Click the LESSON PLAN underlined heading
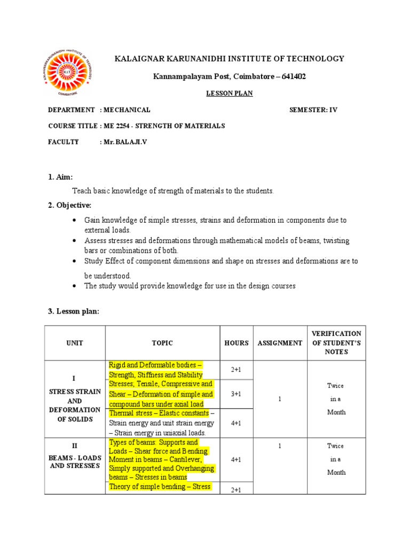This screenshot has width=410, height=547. [x=230, y=93]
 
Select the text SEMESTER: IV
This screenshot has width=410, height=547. [x=313, y=110]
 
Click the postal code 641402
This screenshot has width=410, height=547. [x=292, y=77]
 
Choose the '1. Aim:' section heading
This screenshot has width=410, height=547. [x=60, y=177]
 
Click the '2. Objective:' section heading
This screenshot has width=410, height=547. [x=69, y=205]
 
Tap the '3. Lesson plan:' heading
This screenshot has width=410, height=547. [x=74, y=311]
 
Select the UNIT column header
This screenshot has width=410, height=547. [x=75, y=343]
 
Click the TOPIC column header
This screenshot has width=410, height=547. [x=162, y=343]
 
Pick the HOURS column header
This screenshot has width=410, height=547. [x=236, y=343]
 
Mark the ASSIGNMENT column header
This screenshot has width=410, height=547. [x=280, y=343]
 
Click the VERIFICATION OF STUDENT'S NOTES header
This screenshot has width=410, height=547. [x=336, y=343]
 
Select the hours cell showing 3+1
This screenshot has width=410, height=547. [x=236, y=394]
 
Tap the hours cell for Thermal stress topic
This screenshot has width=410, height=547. [x=236, y=423]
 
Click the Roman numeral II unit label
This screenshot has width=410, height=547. [x=75, y=445]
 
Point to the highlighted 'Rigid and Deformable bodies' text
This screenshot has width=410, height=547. [x=155, y=365]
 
